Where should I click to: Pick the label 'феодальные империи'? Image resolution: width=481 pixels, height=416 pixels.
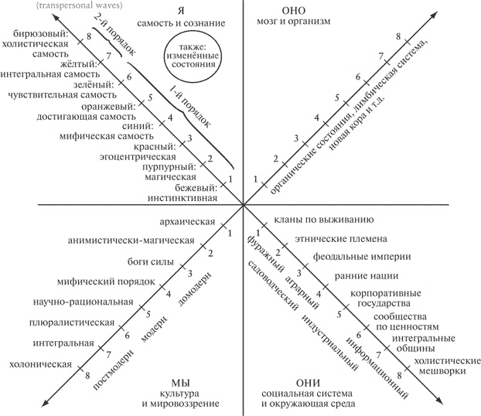click(350, 257)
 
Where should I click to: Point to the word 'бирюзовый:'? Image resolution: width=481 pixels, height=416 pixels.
click(42, 35)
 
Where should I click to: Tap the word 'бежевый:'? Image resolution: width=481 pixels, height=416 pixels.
click(193, 186)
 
